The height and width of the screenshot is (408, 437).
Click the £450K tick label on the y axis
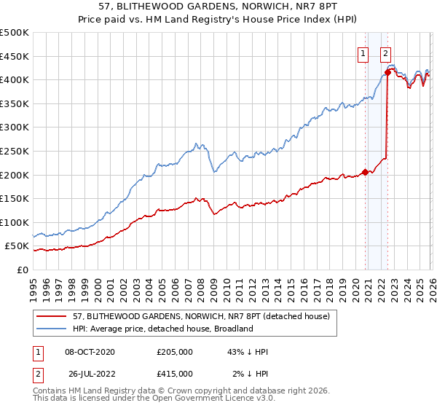15,56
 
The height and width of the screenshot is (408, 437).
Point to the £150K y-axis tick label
15,199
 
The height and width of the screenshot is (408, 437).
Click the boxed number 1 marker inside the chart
363,52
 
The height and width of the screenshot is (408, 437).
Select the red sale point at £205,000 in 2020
365,173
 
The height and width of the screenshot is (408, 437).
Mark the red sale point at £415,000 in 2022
388,73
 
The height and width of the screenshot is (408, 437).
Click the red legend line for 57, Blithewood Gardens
52,316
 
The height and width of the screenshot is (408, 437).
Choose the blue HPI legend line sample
52,329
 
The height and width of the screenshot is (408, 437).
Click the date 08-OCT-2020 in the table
90,352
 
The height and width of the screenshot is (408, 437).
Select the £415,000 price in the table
175,373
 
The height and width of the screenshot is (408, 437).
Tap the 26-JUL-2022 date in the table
90,373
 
